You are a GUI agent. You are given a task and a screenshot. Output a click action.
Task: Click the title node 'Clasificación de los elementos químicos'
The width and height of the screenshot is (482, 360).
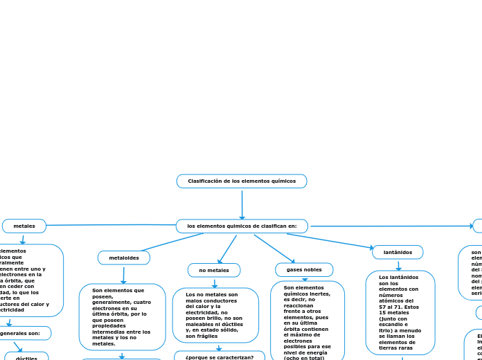click(x=242, y=181)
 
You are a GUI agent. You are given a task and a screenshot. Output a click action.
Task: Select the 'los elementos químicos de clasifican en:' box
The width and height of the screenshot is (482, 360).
click(x=242, y=226)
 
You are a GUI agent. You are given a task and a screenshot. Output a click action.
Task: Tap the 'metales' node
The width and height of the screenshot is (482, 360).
click(x=24, y=226)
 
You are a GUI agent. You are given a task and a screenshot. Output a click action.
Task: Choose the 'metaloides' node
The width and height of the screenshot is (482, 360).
click(x=124, y=258)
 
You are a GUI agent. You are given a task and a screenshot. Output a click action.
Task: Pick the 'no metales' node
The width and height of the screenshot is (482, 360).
click(x=214, y=270)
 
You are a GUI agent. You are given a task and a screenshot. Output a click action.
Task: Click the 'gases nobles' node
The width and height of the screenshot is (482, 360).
click(x=304, y=269)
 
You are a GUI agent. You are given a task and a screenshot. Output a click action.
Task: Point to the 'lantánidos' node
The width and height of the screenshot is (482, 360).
click(x=398, y=252)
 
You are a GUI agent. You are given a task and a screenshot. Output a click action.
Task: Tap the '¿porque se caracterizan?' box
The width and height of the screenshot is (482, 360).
click(x=219, y=357)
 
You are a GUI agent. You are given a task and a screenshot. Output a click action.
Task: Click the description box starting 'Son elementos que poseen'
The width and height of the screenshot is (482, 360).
click(x=122, y=317)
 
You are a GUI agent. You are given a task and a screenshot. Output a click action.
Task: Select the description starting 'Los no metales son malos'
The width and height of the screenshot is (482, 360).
click(x=215, y=315)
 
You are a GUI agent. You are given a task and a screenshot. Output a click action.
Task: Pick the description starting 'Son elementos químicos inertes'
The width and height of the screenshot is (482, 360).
click(x=307, y=322)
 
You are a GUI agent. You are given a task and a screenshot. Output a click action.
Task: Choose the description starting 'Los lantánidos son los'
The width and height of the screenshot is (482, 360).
click(x=400, y=312)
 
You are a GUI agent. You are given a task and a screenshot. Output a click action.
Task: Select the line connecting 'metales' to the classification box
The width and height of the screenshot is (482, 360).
click(x=111, y=225)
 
